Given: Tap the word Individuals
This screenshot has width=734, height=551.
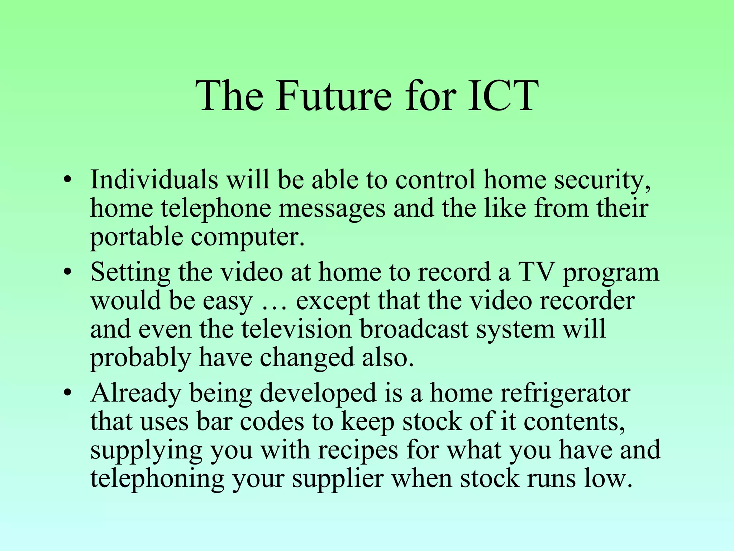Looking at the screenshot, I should [154, 179].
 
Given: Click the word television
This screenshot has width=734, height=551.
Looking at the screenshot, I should [297, 329].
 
